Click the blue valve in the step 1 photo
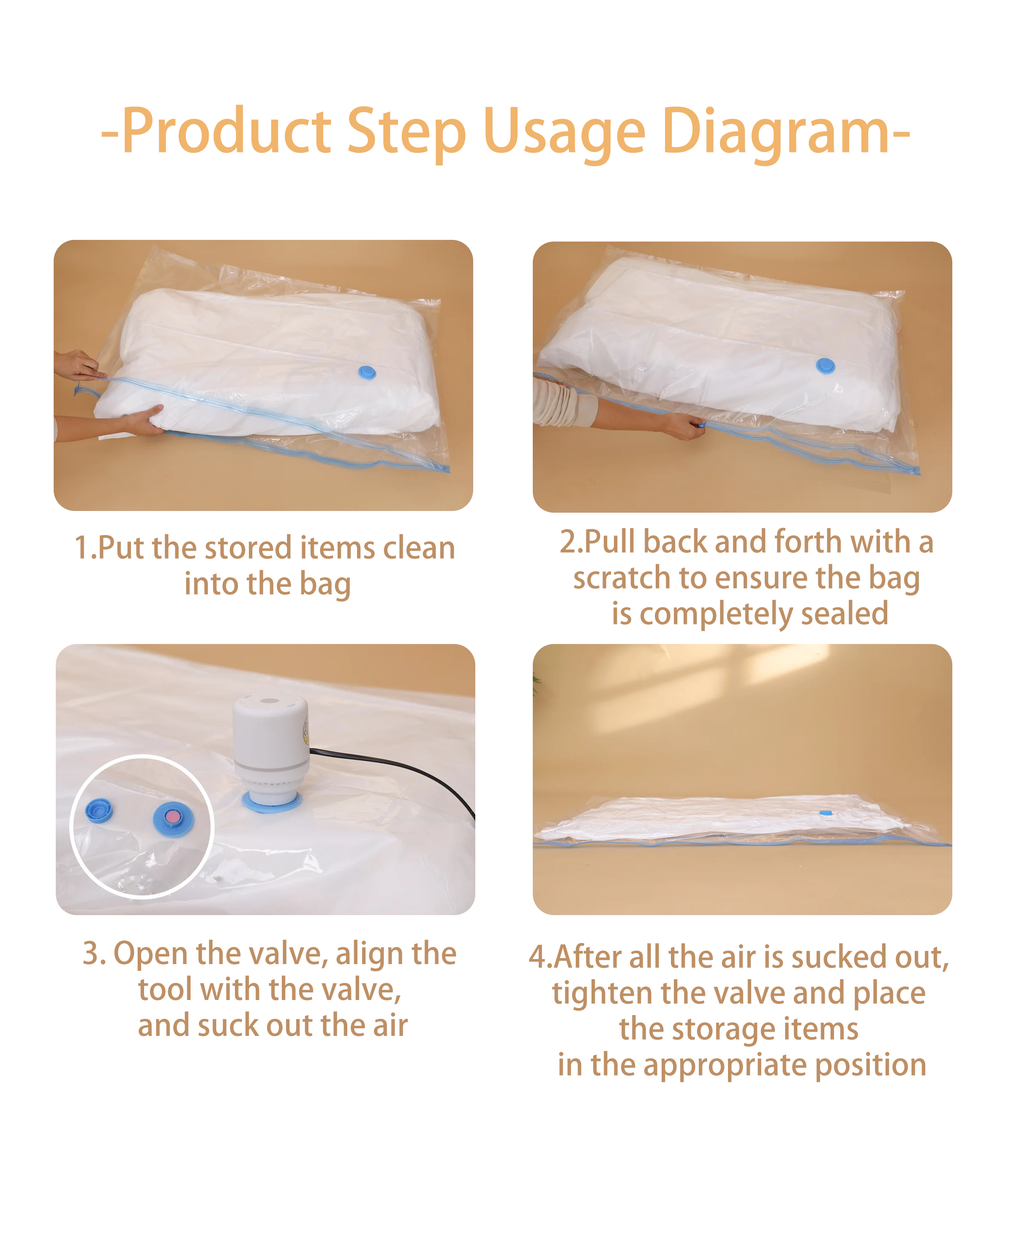point(366,372)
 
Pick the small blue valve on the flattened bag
point(825,812)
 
